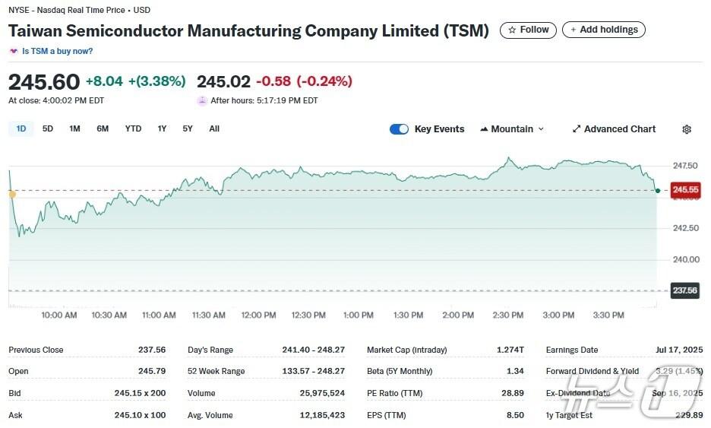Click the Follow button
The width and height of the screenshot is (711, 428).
[528, 30]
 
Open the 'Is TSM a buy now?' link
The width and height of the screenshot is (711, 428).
[57, 51]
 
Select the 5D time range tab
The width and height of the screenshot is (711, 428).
[48, 128]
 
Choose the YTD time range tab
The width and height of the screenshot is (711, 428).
[133, 128]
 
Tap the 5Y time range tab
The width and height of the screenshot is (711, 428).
[188, 128]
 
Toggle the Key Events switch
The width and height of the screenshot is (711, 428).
[399, 129]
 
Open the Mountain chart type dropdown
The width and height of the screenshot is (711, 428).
[512, 129]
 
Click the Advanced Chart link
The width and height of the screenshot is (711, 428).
[614, 129]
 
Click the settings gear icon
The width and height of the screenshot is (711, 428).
[687, 129]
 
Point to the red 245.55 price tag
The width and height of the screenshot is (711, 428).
[685, 190]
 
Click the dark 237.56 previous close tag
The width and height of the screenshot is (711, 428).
[684, 290]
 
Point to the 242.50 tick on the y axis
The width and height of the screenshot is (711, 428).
[686, 228]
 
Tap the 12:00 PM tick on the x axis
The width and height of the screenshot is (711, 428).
[258, 315]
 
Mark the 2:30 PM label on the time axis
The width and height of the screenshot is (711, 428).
[507, 315]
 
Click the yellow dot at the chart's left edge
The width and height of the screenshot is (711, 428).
[12, 195]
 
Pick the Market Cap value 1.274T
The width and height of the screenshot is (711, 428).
[510, 350]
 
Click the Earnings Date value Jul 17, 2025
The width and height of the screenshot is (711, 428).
[678, 350]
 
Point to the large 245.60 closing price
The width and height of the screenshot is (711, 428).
[44, 81]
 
